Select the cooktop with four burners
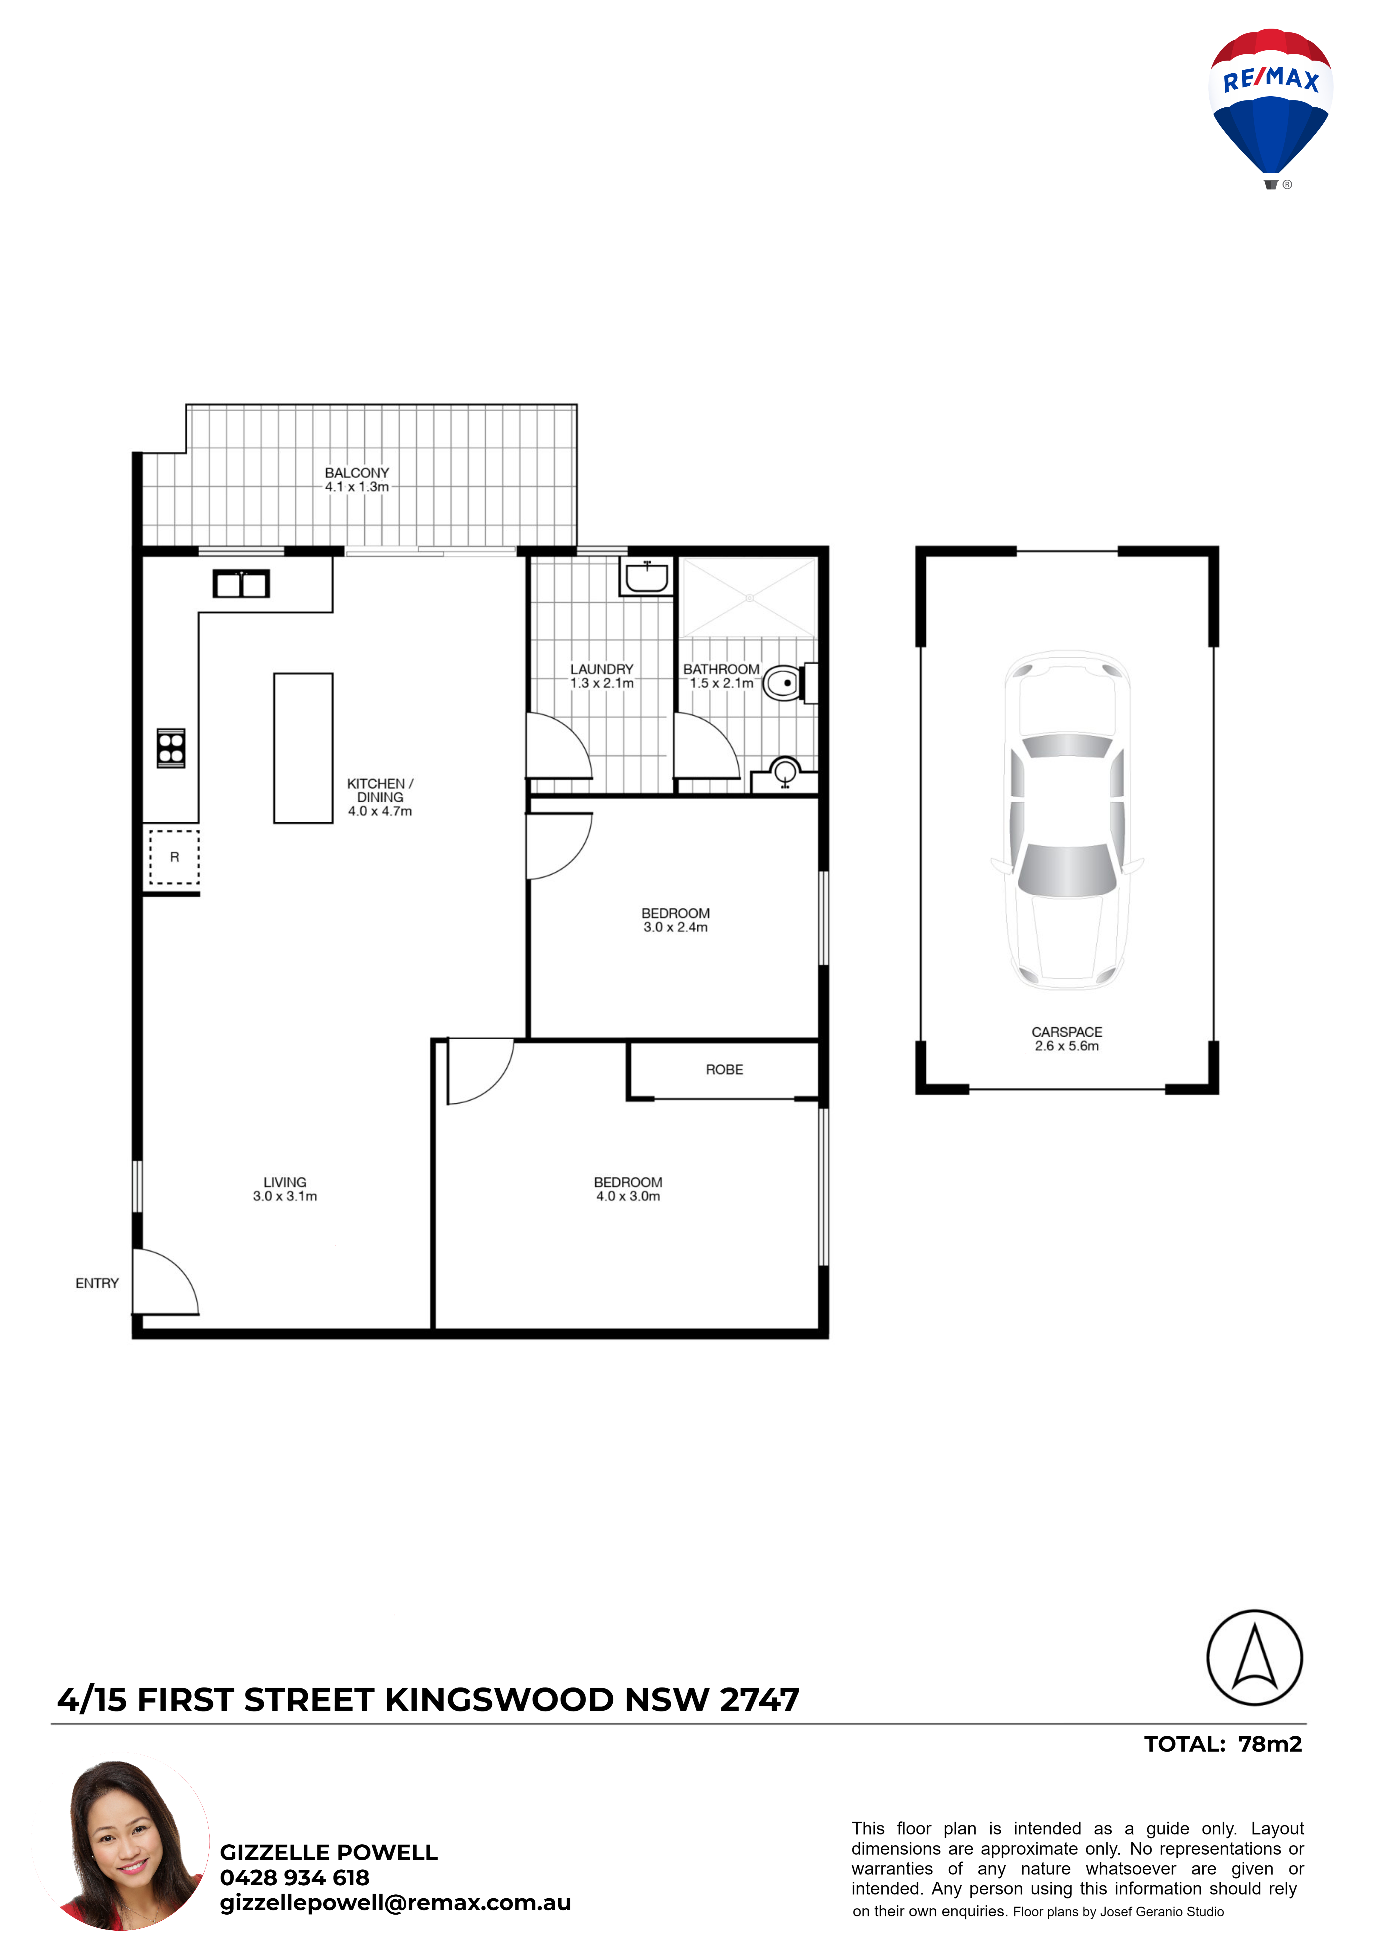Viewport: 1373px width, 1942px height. tap(171, 748)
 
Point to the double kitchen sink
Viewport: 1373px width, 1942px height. tap(241, 583)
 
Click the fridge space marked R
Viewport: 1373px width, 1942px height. tap(174, 857)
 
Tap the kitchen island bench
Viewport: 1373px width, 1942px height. tap(303, 748)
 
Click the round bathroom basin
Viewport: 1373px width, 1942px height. tap(785, 771)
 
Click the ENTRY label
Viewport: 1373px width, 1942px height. tap(97, 1283)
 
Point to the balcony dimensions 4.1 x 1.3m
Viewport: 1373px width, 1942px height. tap(357, 487)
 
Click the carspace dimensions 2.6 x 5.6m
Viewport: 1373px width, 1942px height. tap(1067, 1046)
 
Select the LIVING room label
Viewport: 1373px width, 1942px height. tap(285, 1182)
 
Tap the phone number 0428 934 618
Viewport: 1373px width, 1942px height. tap(295, 1878)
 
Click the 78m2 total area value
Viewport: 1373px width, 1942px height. tap(1270, 1744)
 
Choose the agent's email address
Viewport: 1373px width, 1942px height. tap(395, 1903)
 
